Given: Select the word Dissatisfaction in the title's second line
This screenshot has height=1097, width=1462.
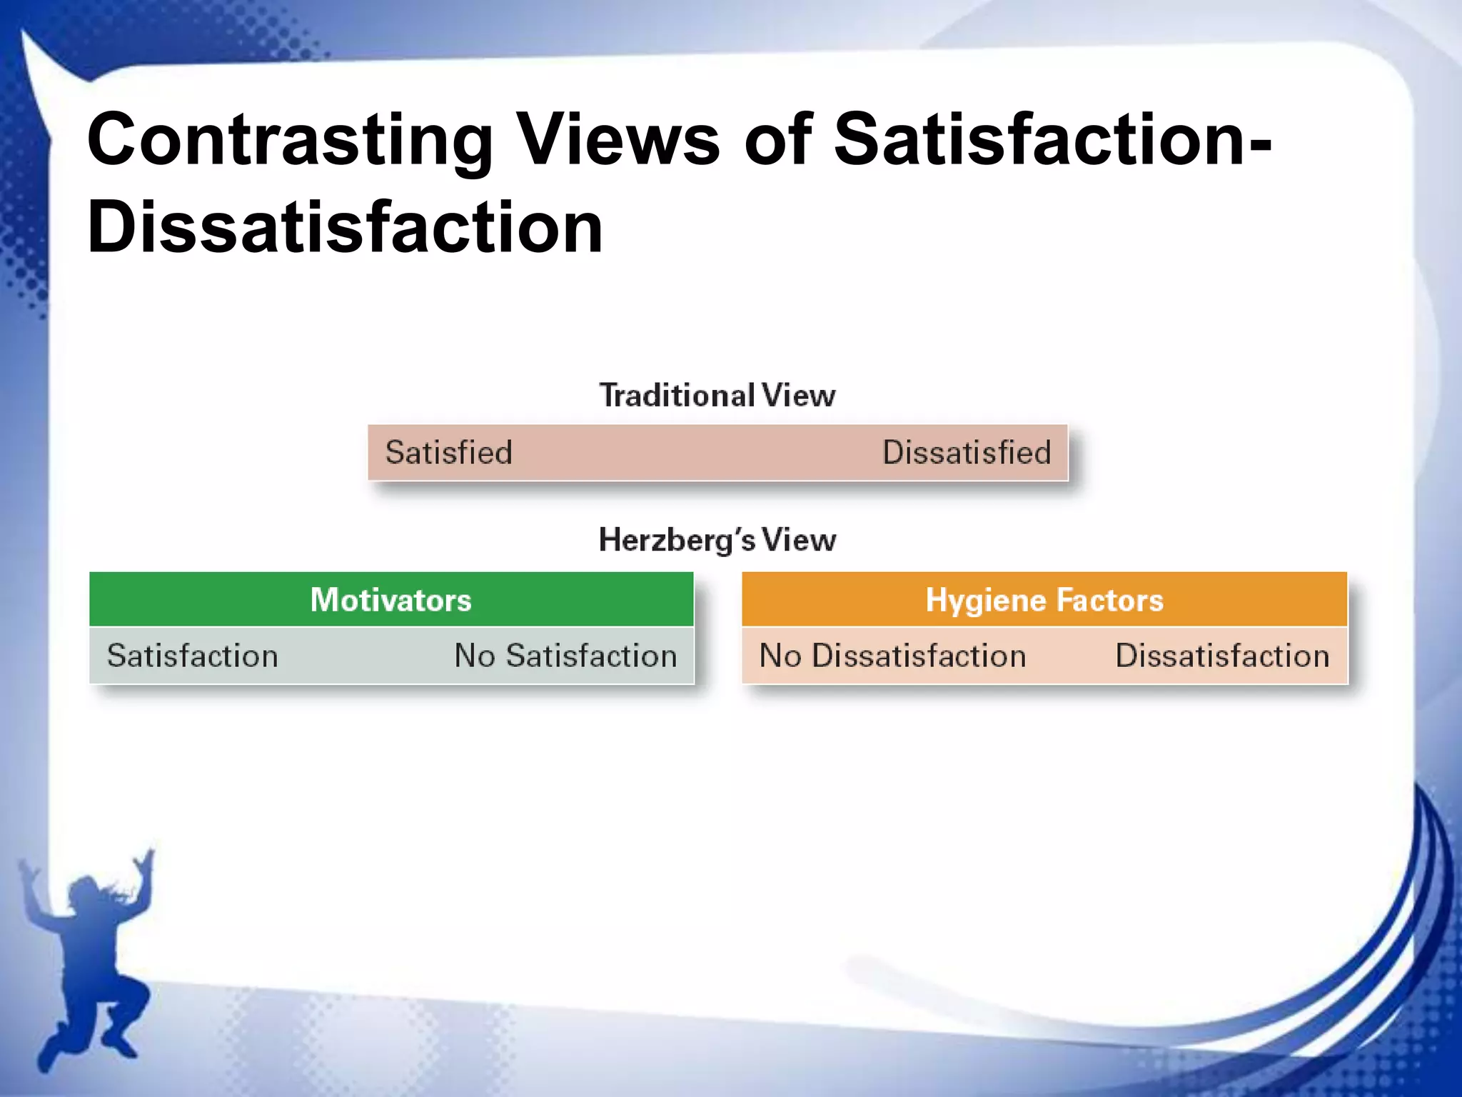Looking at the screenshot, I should click(x=345, y=227).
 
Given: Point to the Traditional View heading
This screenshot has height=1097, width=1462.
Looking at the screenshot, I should click(x=717, y=396).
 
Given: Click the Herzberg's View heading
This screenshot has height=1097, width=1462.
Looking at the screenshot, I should click(x=717, y=540).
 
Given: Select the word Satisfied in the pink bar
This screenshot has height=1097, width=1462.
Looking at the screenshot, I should click(x=449, y=453).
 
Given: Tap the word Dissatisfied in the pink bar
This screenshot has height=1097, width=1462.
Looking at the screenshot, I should click(x=967, y=453).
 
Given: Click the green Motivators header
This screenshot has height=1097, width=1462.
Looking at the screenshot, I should click(x=391, y=600).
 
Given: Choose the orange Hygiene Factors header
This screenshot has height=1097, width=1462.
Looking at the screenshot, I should click(x=1044, y=600).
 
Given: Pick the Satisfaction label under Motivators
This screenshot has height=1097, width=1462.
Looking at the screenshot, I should click(x=193, y=656).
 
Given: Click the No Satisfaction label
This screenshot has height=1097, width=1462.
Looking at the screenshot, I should click(x=566, y=656).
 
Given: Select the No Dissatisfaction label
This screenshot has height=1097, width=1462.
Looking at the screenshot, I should click(x=892, y=656).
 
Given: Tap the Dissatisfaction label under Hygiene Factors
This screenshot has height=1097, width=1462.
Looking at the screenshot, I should click(x=1222, y=656).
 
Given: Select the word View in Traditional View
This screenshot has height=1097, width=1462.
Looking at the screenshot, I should click(x=798, y=396).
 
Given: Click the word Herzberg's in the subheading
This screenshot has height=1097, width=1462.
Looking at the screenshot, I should click(x=677, y=540).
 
